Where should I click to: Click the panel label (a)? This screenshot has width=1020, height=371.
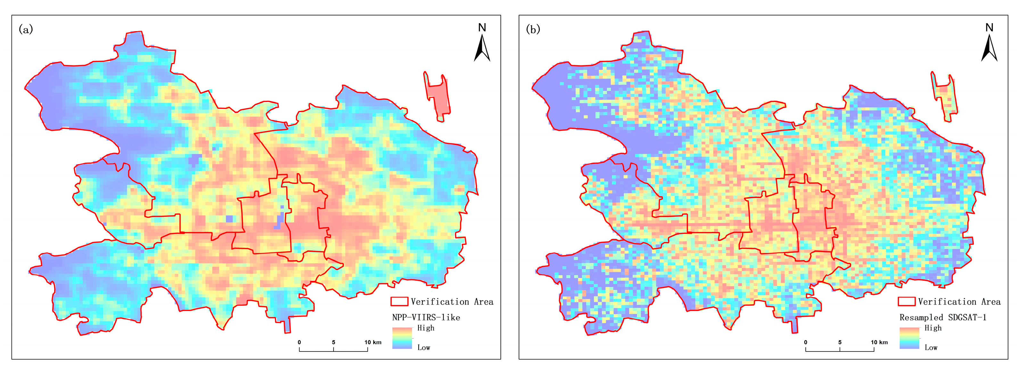[x=26, y=29]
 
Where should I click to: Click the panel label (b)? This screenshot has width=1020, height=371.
[x=533, y=29]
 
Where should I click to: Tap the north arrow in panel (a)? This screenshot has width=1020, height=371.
[x=482, y=48]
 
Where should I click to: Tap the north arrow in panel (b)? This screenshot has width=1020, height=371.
[x=989, y=48]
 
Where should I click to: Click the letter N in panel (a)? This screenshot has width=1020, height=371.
[x=482, y=27]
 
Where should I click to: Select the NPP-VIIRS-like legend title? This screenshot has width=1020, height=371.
[x=426, y=317]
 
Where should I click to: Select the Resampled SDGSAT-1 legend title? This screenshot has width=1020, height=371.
[x=943, y=317]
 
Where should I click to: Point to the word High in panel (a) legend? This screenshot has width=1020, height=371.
[x=426, y=328]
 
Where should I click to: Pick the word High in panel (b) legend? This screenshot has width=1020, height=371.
[x=933, y=328]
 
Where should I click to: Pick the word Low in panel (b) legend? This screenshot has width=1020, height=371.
[x=931, y=348]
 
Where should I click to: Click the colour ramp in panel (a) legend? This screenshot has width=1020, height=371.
[x=402, y=338]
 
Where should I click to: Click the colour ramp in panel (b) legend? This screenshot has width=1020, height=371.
[x=909, y=338]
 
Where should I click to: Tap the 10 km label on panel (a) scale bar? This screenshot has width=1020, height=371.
[x=373, y=342]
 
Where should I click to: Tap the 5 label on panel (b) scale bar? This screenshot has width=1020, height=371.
[x=840, y=342]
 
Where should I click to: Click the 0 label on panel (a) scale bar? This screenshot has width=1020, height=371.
[x=299, y=342]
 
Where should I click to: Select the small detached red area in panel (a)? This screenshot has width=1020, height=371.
[x=438, y=97]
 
